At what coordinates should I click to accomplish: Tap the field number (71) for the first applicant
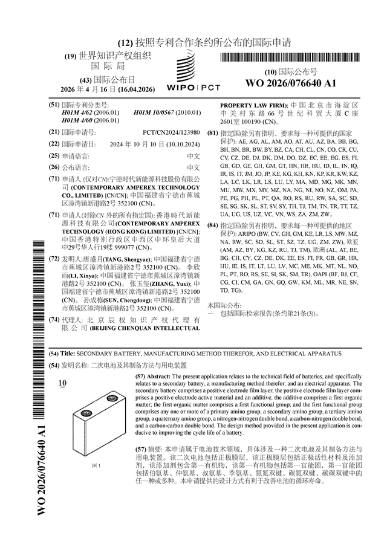(x=54, y=179)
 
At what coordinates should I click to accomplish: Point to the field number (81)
(x=212, y=132)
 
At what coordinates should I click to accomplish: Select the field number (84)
(x=212, y=225)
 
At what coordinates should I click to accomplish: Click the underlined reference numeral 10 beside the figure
(x=63, y=383)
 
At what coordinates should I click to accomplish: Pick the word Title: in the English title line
(x=68, y=352)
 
